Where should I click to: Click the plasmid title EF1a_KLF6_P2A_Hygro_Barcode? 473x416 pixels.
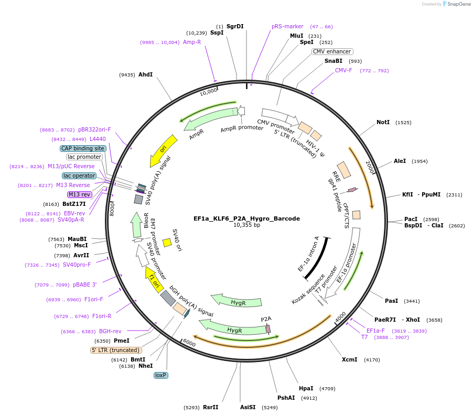246,218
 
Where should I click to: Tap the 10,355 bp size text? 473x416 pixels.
246,225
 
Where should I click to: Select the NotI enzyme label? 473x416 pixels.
383,122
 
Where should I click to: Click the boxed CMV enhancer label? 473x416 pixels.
332,51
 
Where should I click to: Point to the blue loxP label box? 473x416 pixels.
160,375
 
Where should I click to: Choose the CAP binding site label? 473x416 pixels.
83,148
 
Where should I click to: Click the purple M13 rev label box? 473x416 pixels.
79,194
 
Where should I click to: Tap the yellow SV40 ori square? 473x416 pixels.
167,243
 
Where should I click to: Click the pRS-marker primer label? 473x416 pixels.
287,26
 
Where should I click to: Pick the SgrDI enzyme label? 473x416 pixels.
235,26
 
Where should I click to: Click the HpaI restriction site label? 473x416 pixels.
306,388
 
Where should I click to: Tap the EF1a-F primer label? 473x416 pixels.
375,331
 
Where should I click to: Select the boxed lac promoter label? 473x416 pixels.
84,157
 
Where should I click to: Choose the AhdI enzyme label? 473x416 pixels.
145,74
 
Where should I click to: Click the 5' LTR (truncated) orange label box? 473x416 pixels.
116,350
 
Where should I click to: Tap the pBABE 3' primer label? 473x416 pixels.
84,284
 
